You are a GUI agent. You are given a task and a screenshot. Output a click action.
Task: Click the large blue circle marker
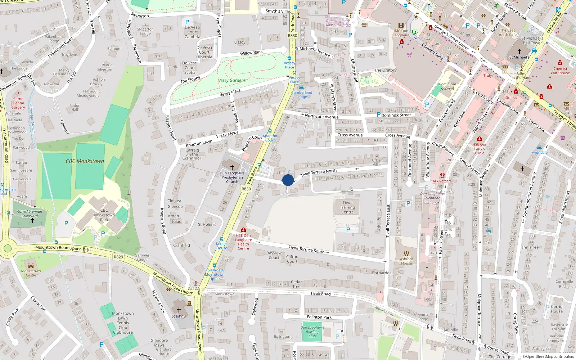[x=288, y=180]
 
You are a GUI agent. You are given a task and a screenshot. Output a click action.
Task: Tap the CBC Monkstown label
[x=85, y=161]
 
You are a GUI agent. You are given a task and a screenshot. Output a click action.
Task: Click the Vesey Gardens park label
[x=232, y=80]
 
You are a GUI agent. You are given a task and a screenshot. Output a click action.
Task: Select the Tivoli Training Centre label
[x=347, y=207]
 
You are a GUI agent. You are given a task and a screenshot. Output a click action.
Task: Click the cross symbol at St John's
[x=179, y=310]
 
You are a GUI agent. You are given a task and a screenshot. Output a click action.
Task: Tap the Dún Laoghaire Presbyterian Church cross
[x=232, y=167]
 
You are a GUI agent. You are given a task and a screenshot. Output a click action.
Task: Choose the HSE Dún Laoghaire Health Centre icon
[x=243, y=230]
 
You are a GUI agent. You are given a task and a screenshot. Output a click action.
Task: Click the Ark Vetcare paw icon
[x=442, y=176]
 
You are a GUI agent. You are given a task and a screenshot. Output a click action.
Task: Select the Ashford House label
[x=406, y=261]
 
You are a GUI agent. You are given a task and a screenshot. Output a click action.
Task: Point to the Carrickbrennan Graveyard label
[x=30, y=214]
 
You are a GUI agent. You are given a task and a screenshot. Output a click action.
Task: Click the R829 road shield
[x=118, y=257]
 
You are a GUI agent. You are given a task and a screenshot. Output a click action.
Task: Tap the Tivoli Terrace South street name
[x=306, y=249]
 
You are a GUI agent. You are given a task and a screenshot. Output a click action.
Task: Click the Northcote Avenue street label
[x=321, y=117]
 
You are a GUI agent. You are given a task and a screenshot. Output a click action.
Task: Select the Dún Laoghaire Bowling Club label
[x=312, y=332]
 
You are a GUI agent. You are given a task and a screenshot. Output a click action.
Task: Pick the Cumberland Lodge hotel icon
[x=302, y=87]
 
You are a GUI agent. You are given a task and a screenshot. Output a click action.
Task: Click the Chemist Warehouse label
[x=560, y=71]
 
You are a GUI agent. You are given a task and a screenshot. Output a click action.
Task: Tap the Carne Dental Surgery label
[x=18, y=103]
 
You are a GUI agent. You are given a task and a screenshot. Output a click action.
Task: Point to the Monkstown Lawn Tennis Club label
[x=123, y=323]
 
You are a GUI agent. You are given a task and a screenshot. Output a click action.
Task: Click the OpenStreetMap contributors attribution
[x=548, y=356]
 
